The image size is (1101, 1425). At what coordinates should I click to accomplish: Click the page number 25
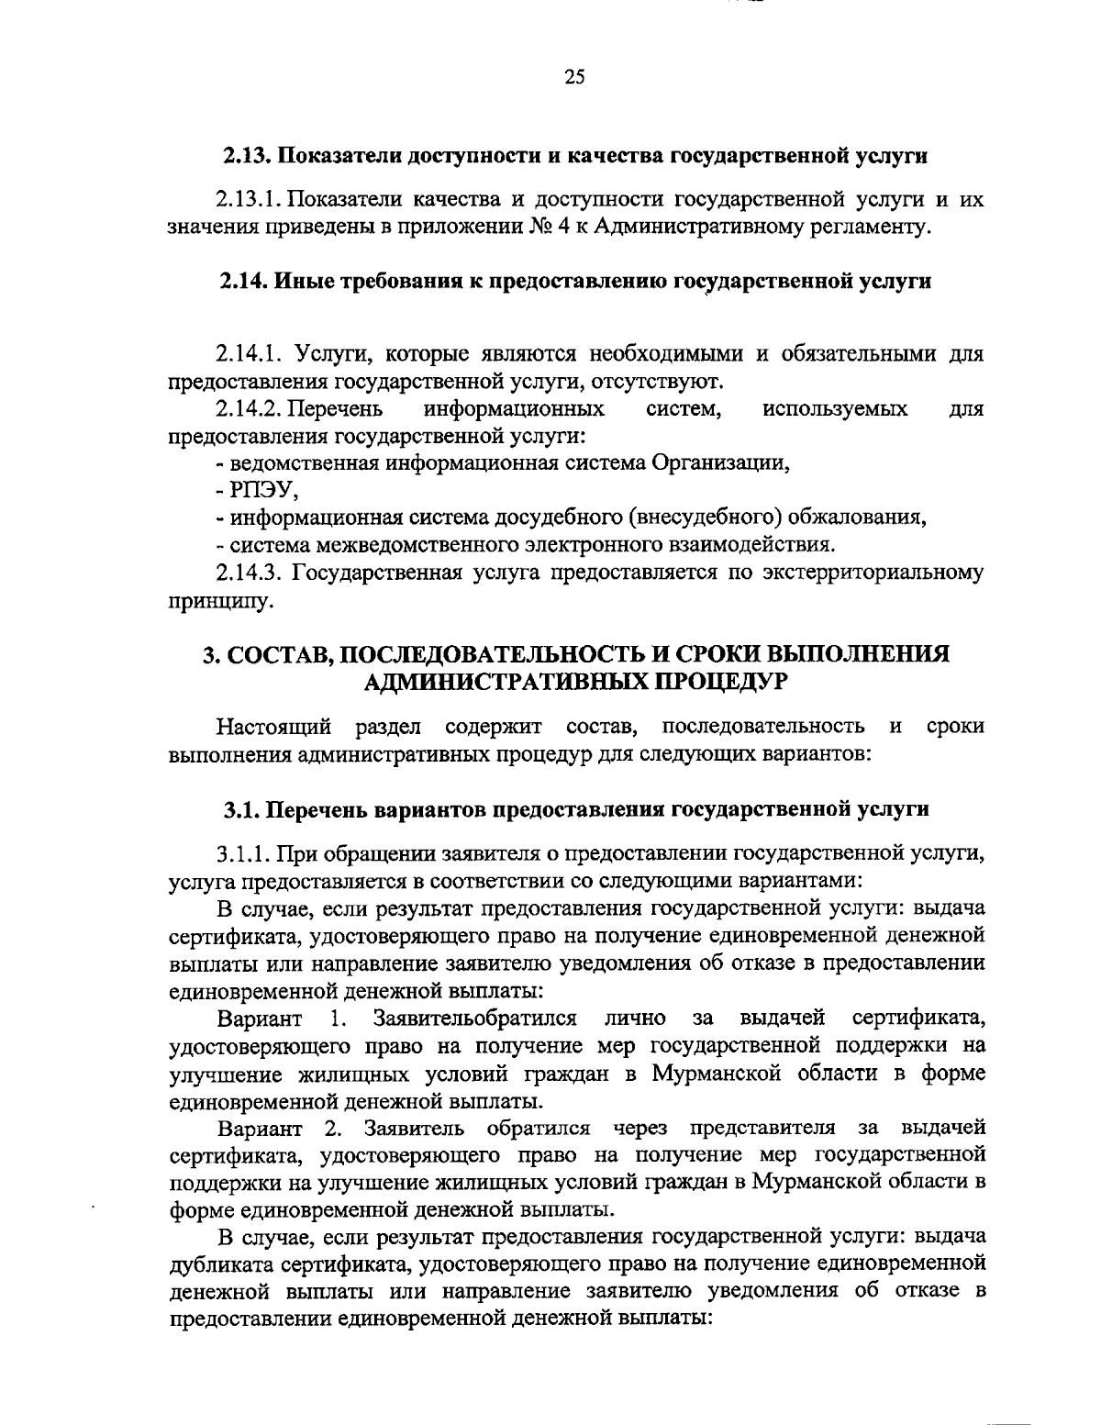point(574,78)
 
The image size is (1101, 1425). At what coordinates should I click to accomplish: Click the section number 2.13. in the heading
point(249,156)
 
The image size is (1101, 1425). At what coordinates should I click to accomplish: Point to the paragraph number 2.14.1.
point(250,354)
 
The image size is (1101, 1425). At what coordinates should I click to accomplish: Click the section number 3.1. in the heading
point(244,810)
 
